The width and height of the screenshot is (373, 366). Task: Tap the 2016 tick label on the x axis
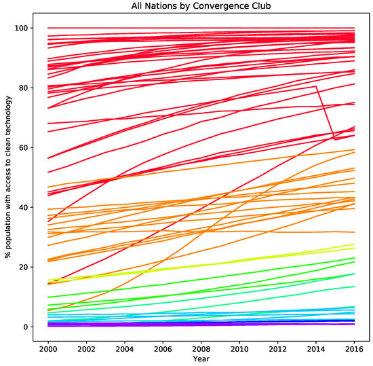pos(353,348)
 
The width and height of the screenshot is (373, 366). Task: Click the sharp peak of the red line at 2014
pos(316,87)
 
